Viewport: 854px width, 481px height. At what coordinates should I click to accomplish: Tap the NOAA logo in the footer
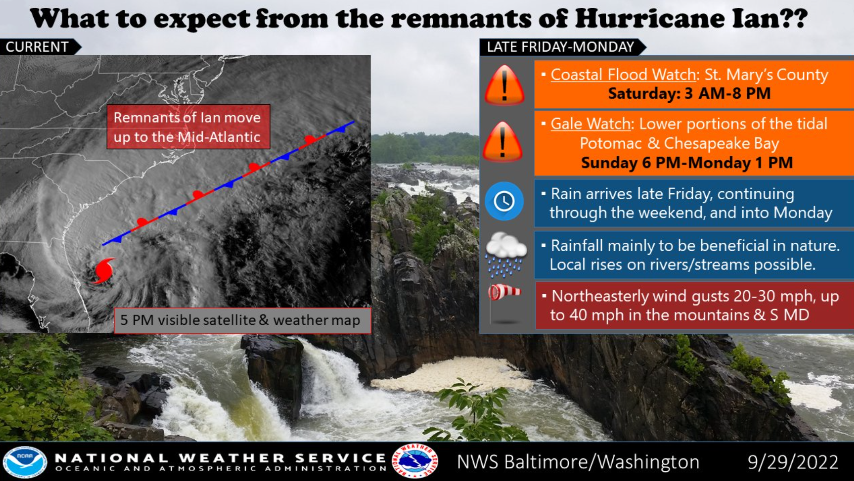click(x=25, y=462)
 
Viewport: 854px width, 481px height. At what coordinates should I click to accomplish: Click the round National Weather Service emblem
click(x=414, y=461)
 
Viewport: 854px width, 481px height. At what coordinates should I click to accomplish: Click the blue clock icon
click(x=504, y=201)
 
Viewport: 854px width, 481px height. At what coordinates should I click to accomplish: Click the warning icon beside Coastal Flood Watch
click(x=504, y=85)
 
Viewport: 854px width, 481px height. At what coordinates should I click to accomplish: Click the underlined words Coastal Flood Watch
click(x=623, y=75)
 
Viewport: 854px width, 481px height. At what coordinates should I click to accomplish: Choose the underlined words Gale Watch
click(x=590, y=124)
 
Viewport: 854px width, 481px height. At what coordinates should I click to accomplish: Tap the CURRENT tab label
click(x=37, y=47)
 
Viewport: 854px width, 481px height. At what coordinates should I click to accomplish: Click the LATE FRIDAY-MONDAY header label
click(x=560, y=47)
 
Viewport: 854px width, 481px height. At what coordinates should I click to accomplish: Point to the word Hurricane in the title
click(x=648, y=19)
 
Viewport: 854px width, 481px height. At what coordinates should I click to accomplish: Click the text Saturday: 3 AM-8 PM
click(x=689, y=93)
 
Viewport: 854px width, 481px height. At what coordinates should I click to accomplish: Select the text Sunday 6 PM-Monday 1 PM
click(x=687, y=163)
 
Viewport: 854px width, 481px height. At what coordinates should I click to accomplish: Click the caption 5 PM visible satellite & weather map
click(x=240, y=320)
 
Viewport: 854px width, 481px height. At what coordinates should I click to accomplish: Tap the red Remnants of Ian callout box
click(x=189, y=127)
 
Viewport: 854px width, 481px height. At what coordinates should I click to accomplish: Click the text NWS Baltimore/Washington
click(x=578, y=462)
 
